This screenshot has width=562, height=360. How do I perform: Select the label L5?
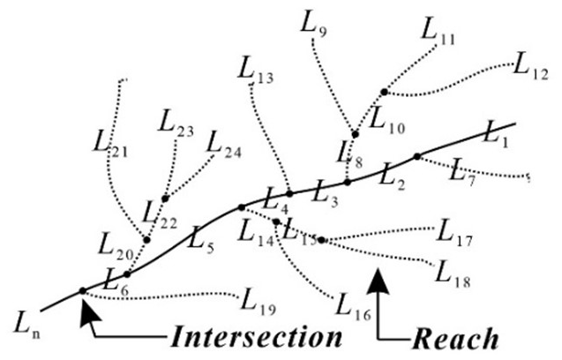(x=199, y=237)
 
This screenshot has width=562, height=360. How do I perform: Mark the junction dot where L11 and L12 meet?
(x=384, y=92)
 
